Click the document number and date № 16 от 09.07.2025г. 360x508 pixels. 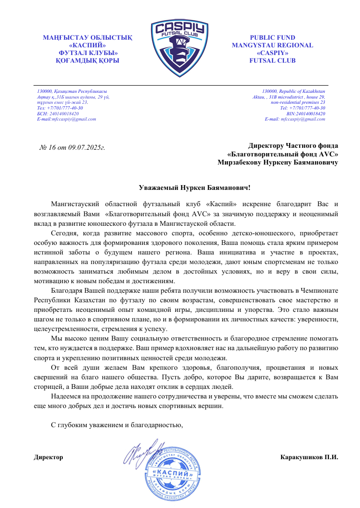coord(72,146)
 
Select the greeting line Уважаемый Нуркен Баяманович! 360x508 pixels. coord(191,188)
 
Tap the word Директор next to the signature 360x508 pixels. coord(48,457)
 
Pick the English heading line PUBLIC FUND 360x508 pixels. coord(272,38)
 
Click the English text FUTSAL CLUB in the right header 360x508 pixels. coord(272,61)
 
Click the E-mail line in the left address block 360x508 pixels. coord(67,119)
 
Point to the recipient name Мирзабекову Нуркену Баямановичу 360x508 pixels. coord(278,163)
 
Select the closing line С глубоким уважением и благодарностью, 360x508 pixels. coord(117,424)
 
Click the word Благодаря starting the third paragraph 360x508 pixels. coord(66,291)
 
